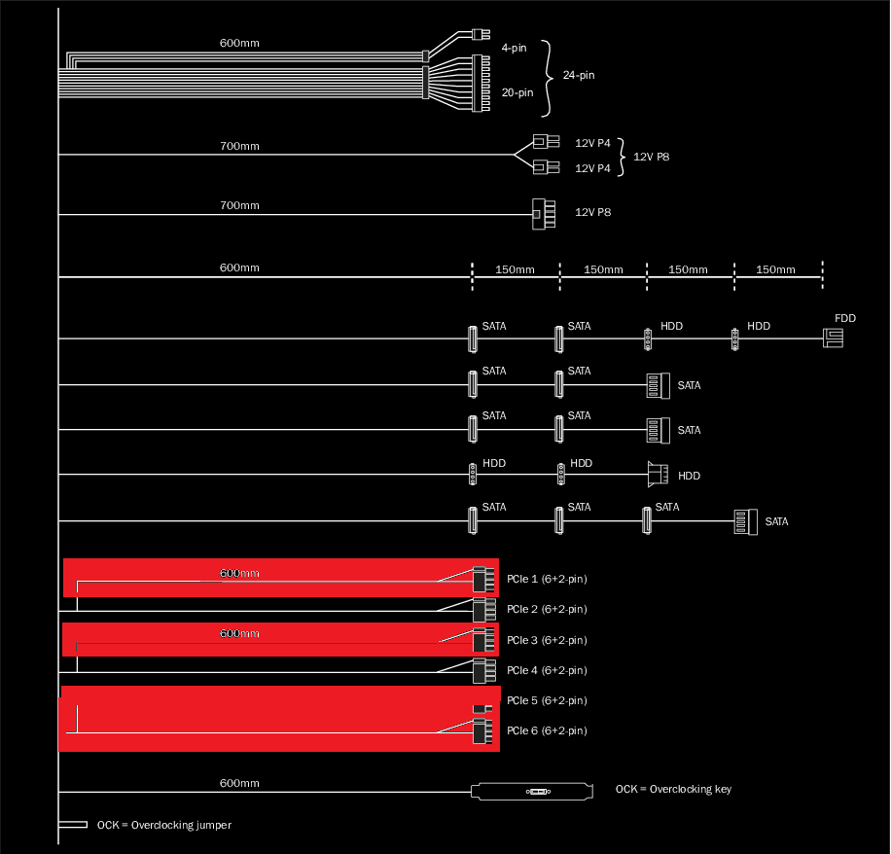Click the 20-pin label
click(517, 93)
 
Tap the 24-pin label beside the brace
click(578, 76)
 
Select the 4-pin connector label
click(513, 48)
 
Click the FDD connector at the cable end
click(834, 338)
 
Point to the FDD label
click(845, 319)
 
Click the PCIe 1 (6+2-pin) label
click(547, 580)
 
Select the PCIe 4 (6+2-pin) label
click(547, 671)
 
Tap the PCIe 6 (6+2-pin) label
click(547, 731)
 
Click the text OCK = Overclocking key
click(673, 789)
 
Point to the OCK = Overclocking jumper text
click(163, 826)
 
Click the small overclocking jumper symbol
click(73, 825)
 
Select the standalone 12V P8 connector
click(541, 214)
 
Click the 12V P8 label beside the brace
click(651, 157)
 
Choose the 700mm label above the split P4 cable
click(239, 146)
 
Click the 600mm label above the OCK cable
click(239, 783)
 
